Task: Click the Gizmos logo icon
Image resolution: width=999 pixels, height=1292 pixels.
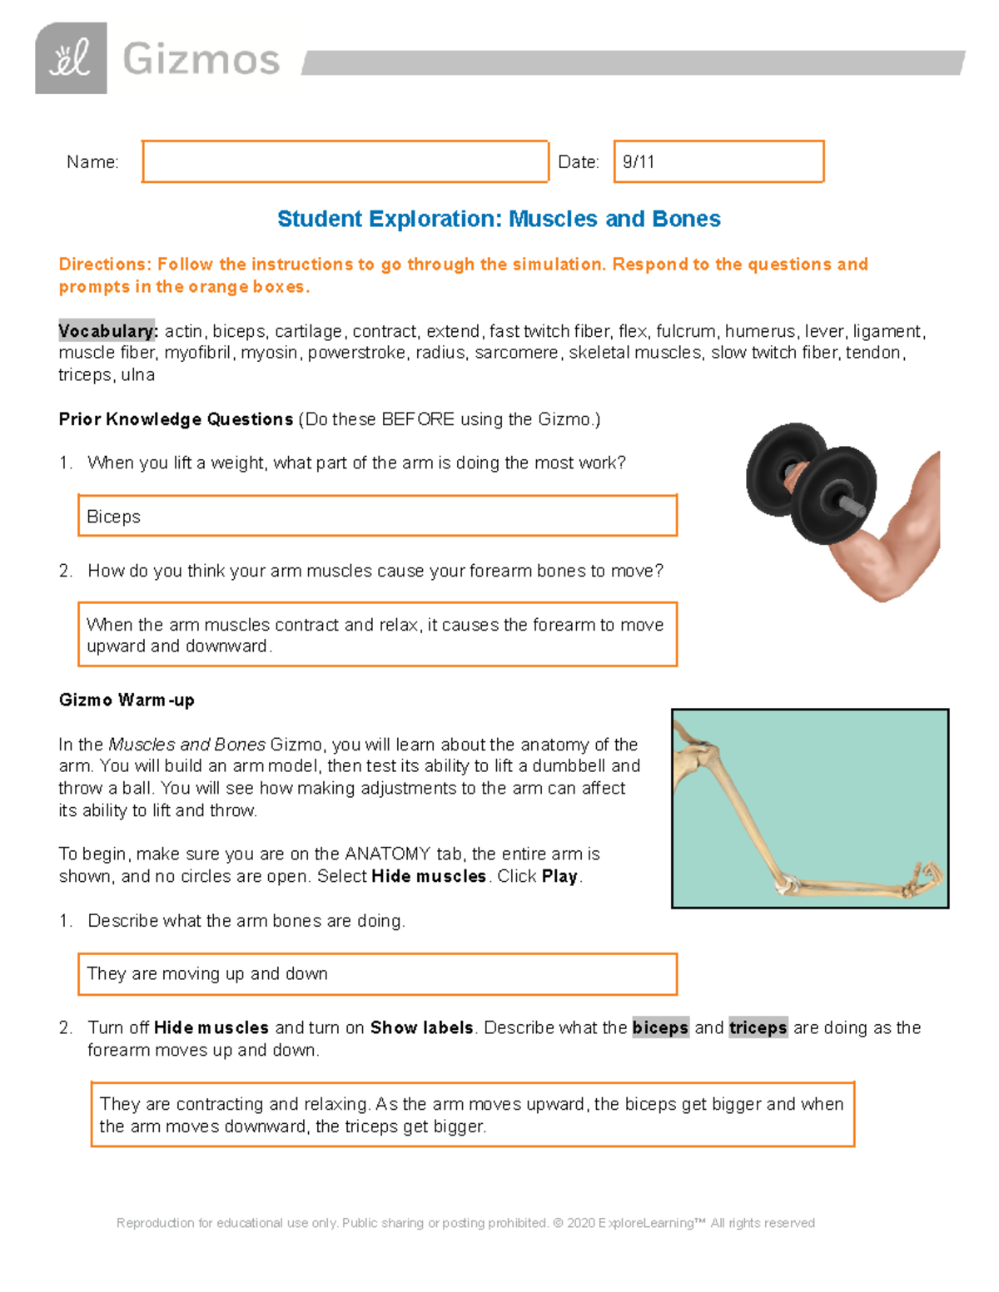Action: pos(71,58)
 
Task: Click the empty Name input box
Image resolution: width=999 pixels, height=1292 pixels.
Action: pos(345,161)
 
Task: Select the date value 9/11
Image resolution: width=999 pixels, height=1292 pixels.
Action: pos(639,162)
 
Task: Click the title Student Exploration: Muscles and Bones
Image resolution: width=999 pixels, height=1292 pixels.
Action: pos(499,219)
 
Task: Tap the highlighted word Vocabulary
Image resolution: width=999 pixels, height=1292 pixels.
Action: pos(107,331)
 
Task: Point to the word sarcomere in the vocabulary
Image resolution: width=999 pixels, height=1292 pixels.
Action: pos(516,353)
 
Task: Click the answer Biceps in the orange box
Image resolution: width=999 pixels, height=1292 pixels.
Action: pos(114,517)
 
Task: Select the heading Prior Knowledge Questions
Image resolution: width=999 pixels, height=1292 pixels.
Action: pos(176,419)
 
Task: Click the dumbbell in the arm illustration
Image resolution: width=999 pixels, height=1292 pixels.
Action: pos(812,483)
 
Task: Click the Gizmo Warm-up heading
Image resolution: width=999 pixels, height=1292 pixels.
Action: pos(127,700)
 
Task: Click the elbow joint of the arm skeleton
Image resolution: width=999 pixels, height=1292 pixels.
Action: pos(786,884)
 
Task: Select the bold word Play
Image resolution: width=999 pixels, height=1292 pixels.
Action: pos(559,876)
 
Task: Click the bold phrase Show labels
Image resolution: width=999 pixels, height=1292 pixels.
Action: pos(421,1027)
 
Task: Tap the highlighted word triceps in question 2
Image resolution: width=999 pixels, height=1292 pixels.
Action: pos(758,1027)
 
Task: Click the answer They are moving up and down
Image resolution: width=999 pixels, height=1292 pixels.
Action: pos(207,973)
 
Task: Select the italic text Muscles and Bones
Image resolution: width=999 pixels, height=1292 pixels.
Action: pos(186,745)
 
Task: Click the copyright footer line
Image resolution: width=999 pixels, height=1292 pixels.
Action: pos(465,1223)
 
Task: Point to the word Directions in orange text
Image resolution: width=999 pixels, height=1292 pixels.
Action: pos(105,265)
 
